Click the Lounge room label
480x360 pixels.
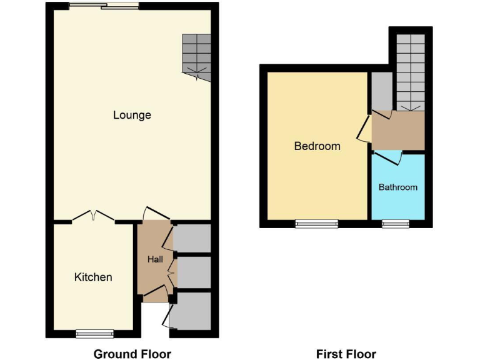132,115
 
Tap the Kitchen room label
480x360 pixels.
93,277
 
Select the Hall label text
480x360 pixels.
155,259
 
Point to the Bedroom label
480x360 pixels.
317,146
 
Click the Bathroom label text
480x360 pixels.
398,187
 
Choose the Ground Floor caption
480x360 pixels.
132,354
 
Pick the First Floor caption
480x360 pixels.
346,354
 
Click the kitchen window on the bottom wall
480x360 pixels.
95,334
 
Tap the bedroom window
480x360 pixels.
317,223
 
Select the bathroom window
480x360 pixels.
396,223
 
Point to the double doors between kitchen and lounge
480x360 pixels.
93,217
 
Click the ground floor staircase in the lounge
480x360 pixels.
196,56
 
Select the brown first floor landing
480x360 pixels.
399,130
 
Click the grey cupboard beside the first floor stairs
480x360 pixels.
381,91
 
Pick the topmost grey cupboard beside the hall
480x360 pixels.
192,238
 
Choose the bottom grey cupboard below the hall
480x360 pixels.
194,311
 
